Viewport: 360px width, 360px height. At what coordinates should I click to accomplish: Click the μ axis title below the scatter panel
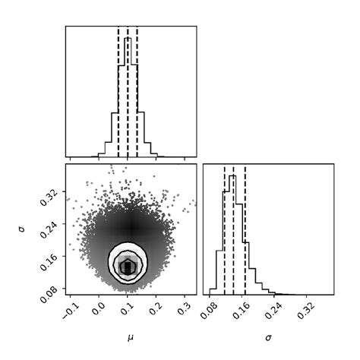[x=131, y=333]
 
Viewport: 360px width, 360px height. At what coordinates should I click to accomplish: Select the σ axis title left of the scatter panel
[x=23, y=229]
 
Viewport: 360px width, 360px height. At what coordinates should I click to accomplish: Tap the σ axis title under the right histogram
[x=268, y=335]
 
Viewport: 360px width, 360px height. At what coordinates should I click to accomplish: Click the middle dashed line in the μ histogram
[x=128, y=91]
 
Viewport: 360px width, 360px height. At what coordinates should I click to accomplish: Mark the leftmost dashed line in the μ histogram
[x=118, y=91]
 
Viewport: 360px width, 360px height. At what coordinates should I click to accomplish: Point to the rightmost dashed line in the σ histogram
[x=245, y=228]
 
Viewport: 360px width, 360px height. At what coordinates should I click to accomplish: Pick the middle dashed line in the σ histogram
[x=234, y=228]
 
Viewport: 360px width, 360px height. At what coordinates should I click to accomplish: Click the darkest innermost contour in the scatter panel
[x=128, y=266]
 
